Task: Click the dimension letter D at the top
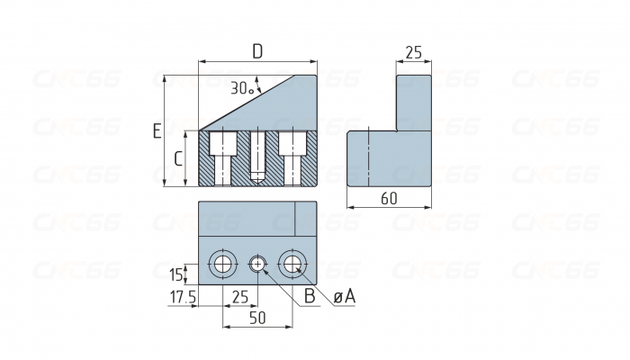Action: pos(257,52)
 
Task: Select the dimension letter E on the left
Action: pos(157,131)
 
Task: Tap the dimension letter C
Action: pos(178,160)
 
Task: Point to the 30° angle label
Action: pos(240,88)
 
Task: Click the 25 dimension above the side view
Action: pos(413,53)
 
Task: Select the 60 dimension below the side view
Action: pos(389,200)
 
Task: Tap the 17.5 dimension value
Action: pos(183,296)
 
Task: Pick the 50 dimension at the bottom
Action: pos(257,318)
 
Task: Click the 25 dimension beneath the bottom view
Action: pos(240,296)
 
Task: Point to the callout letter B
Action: pos(308,296)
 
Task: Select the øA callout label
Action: pos(343,296)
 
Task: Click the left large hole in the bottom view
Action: pos(222,264)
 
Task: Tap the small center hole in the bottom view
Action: pos(257,264)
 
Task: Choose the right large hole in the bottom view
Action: pos(292,264)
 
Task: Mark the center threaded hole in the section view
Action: pos(257,155)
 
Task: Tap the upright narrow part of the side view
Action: pos(413,102)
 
